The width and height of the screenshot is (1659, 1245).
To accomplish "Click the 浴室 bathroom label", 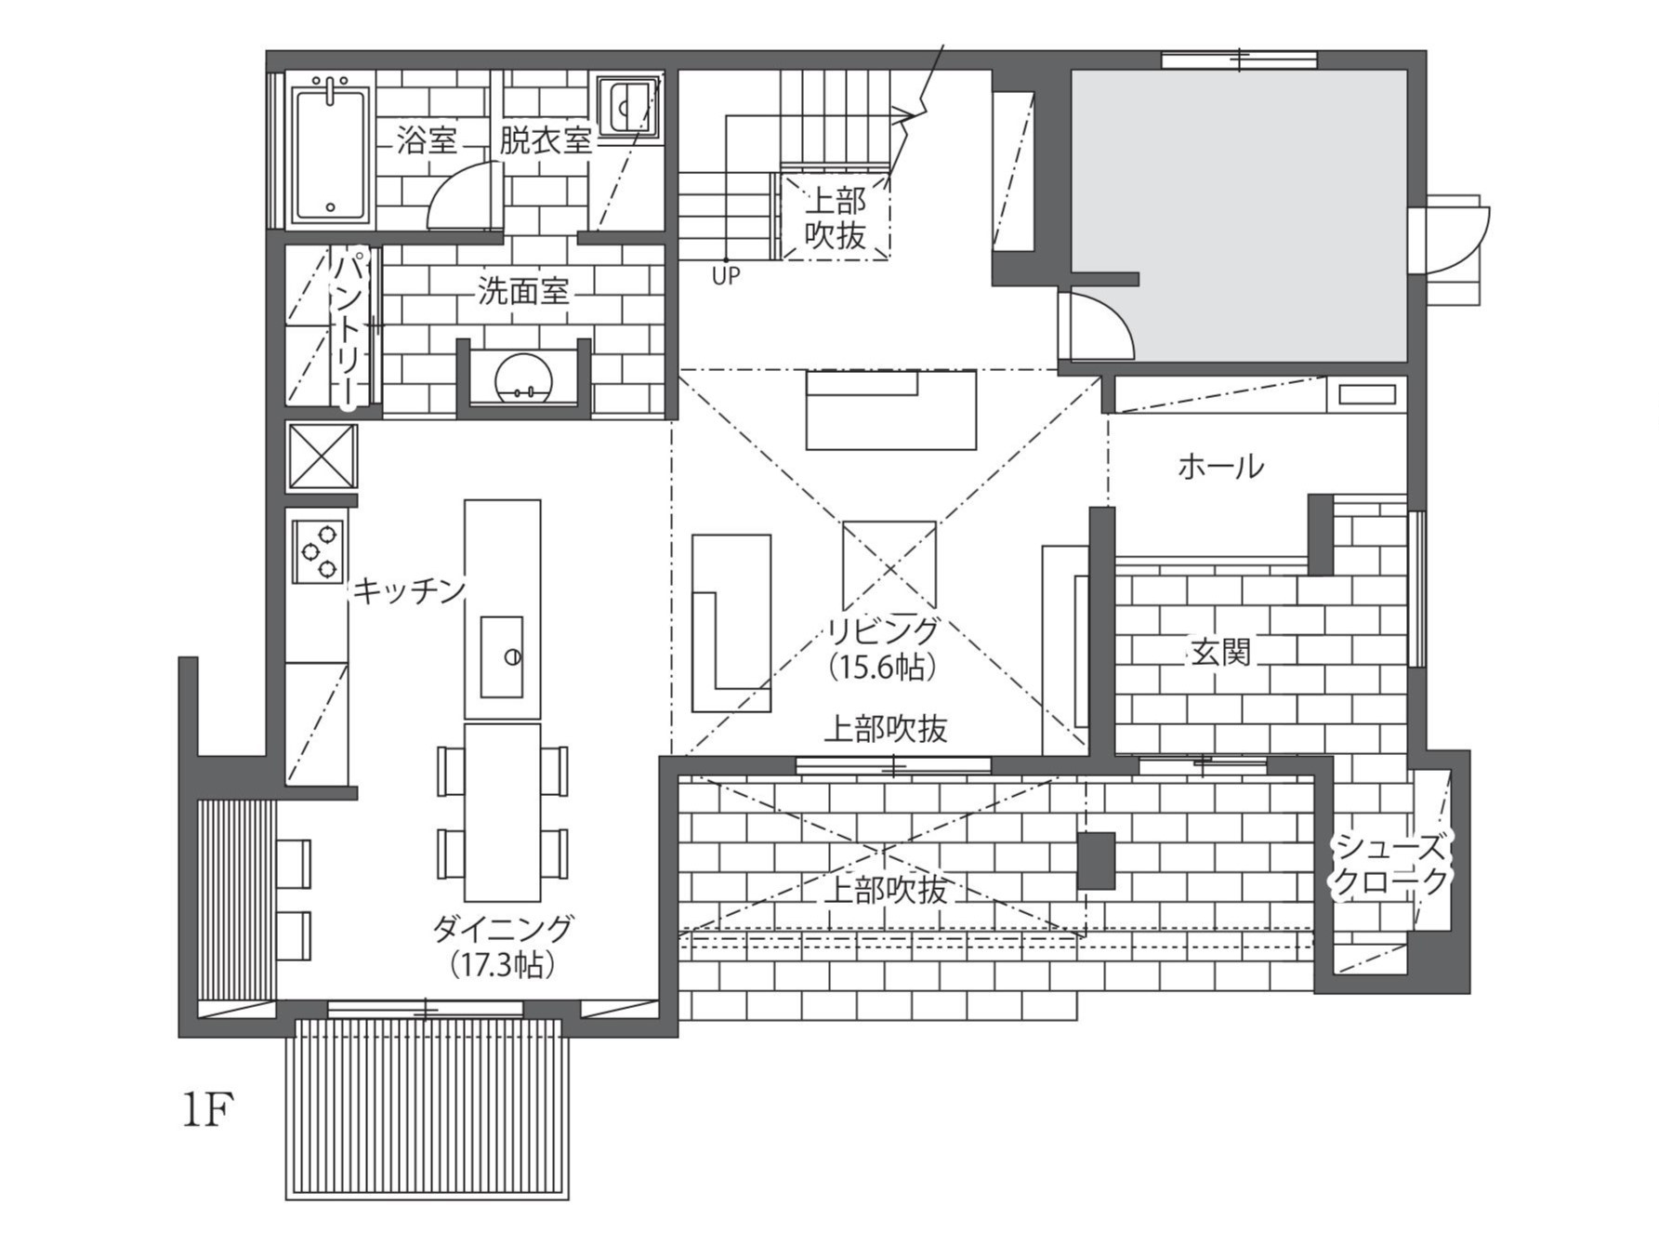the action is tap(427, 141).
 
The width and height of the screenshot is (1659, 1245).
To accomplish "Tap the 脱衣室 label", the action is tap(546, 141).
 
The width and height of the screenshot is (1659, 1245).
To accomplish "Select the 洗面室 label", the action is tap(523, 292).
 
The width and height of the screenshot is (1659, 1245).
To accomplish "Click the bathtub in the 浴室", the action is tap(331, 155).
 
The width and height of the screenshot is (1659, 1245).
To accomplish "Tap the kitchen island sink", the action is tap(502, 656).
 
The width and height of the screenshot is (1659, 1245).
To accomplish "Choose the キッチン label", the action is tap(409, 590).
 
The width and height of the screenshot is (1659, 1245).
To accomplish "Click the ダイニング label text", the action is tap(503, 928).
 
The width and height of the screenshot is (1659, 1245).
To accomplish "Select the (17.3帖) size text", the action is tap(503, 965).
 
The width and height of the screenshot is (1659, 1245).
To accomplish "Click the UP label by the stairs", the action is tap(726, 276).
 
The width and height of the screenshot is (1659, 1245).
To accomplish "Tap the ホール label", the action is tap(1220, 466).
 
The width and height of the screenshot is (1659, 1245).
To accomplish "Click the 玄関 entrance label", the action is tap(1221, 652).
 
